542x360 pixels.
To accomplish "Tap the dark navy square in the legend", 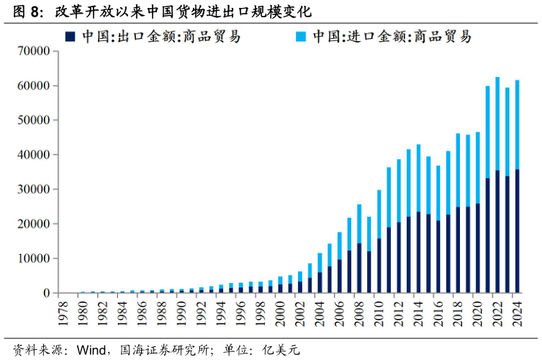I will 70,36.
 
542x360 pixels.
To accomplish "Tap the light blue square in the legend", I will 301,36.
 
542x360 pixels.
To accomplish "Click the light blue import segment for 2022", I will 497,123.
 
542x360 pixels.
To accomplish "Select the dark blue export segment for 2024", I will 517,230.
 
